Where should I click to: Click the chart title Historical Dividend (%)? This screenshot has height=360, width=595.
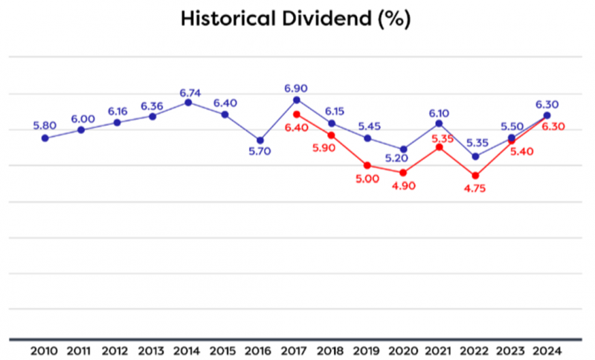click(295, 19)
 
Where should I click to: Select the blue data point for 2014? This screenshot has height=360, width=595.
click(188, 103)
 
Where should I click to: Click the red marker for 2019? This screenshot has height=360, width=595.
click(367, 165)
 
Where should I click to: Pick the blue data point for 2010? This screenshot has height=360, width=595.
click(45, 138)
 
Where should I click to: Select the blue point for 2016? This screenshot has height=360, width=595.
click(260, 140)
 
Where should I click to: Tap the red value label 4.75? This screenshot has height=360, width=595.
click(476, 190)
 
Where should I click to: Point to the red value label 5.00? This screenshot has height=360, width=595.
click(367, 179)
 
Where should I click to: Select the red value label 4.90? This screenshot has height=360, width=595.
click(404, 185)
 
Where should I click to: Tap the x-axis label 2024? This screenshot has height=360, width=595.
click(547, 350)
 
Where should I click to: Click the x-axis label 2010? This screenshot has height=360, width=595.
click(45, 350)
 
